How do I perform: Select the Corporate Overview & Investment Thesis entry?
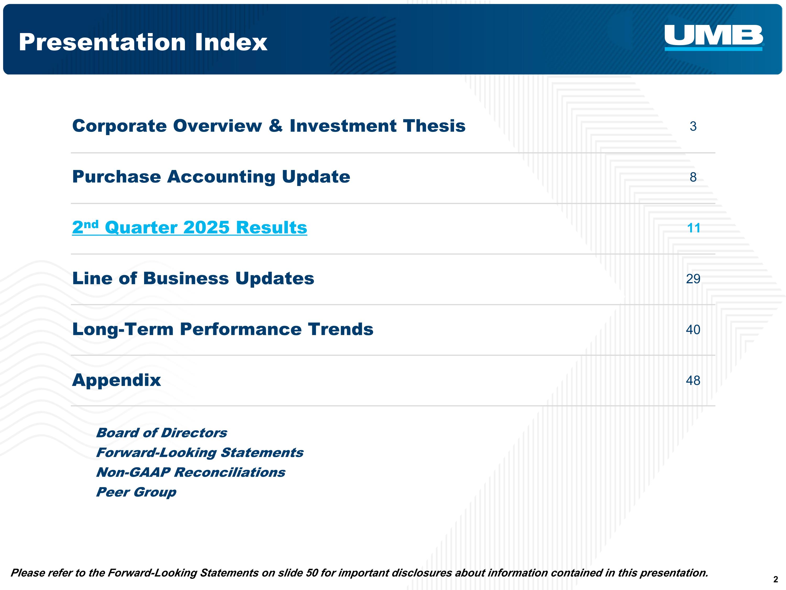point(269,126)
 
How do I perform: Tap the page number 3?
point(693,126)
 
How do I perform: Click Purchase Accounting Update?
point(211,177)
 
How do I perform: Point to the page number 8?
point(693,177)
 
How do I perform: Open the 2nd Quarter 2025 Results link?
point(189,228)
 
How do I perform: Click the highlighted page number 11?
point(693,228)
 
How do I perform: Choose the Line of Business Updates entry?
point(193,278)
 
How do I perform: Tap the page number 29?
point(693,279)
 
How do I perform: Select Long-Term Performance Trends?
point(223,329)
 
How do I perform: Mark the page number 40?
point(693,330)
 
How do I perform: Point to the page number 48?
point(693,380)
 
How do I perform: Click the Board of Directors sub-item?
point(162,433)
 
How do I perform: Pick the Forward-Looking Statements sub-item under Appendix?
point(200,453)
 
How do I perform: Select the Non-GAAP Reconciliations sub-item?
point(191,472)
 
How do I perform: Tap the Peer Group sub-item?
point(136,492)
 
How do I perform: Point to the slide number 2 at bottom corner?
point(775,579)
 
